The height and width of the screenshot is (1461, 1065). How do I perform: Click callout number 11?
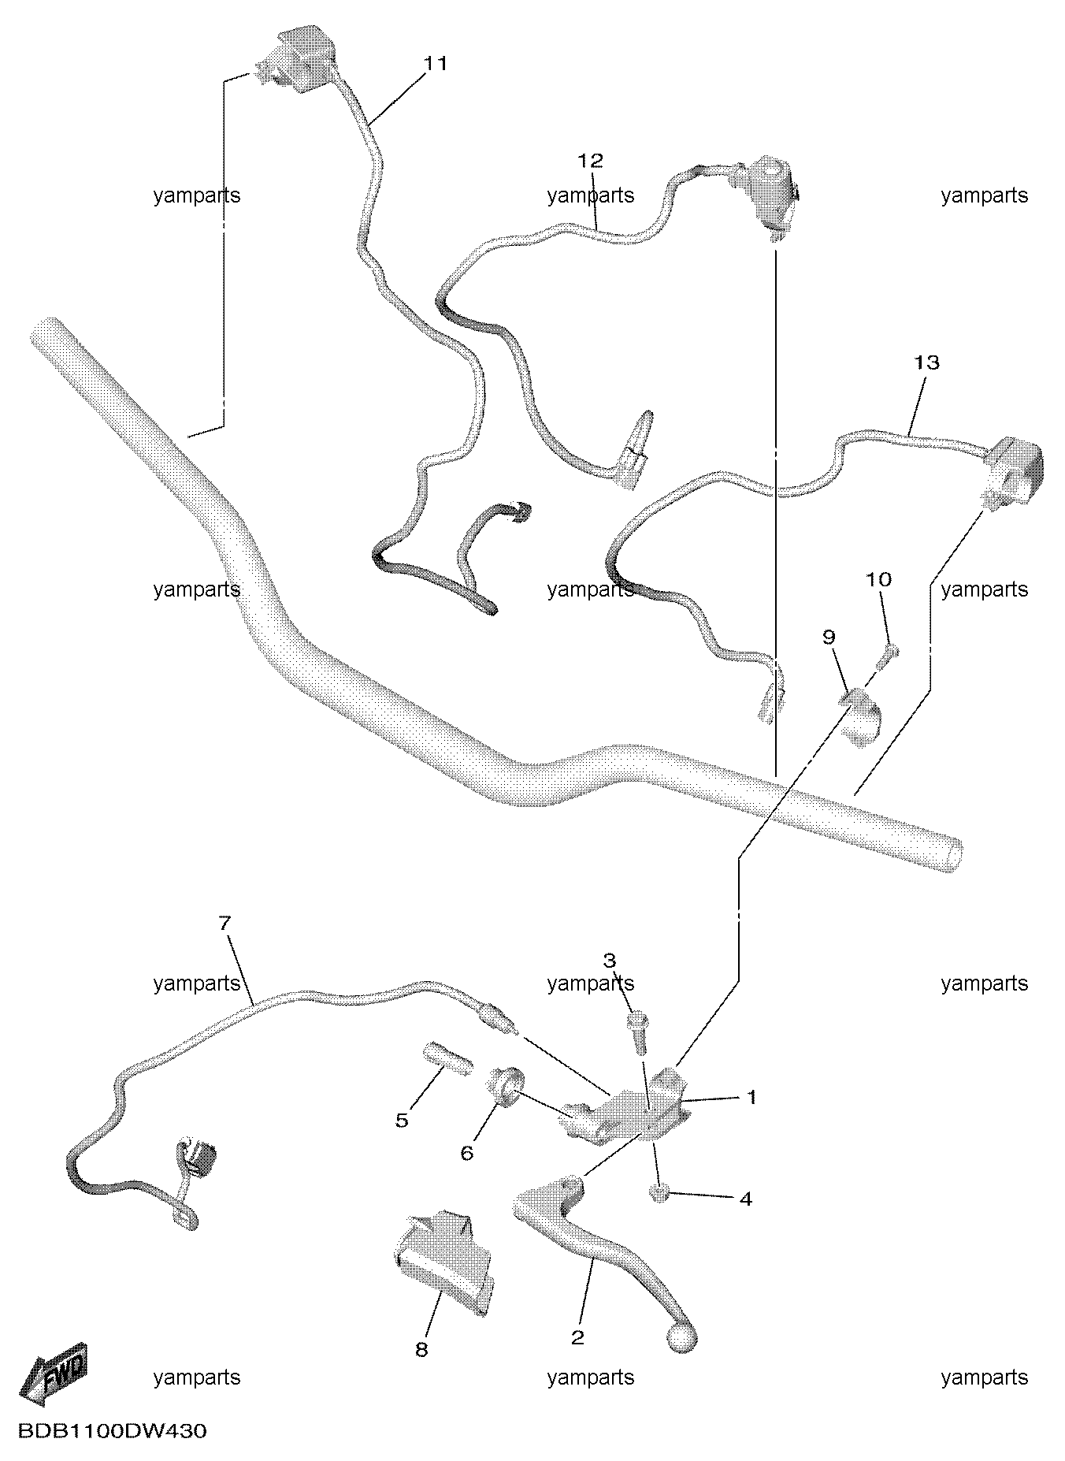point(436,64)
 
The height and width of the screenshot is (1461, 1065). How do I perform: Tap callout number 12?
point(590,161)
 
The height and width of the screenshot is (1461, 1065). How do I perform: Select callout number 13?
point(927,362)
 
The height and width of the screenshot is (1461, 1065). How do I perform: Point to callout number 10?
point(879,580)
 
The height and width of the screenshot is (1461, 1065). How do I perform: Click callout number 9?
point(829,637)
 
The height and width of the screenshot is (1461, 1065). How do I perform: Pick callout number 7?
point(225,923)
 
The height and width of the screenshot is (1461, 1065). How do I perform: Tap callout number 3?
point(610,961)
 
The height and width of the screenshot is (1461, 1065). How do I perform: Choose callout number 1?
point(751,1097)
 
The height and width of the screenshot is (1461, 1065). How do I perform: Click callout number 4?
point(745,1199)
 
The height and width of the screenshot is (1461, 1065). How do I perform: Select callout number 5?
point(402,1121)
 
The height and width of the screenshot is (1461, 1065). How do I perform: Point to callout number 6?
point(466,1154)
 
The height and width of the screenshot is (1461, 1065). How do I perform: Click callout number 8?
point(421,1350)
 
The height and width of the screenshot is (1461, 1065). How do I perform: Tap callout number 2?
point(577,1337)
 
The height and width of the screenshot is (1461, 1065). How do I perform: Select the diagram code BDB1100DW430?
point(112,1431)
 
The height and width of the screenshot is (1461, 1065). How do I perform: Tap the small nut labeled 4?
point(659,1194)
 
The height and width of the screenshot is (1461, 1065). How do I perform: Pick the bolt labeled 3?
point(638,1033)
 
